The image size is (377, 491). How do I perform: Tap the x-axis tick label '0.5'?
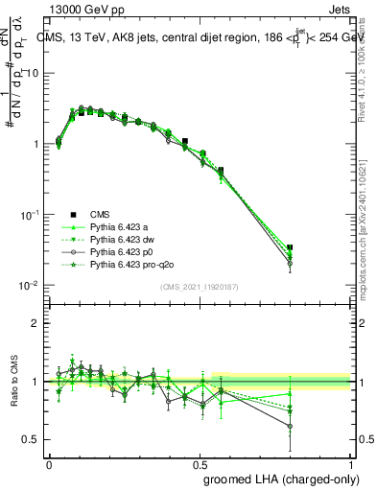click(x=200, y=463)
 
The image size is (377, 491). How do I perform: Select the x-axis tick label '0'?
click(x=48, y=463)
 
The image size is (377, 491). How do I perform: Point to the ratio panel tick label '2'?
click(x=35, y=323)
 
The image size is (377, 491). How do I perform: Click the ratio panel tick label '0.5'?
click(x=31, y=440)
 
